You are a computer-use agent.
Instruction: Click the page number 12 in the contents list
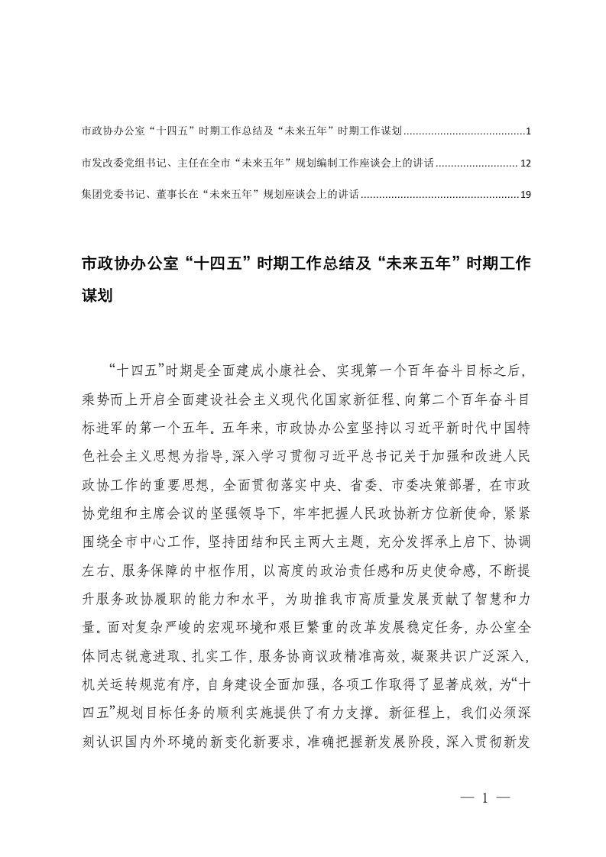tap(524, 163)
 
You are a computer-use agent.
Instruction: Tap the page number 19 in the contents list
tap(524, 195)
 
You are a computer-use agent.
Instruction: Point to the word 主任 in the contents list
tap(188, 163)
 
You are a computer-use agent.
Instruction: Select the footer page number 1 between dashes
tap(484, 797)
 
